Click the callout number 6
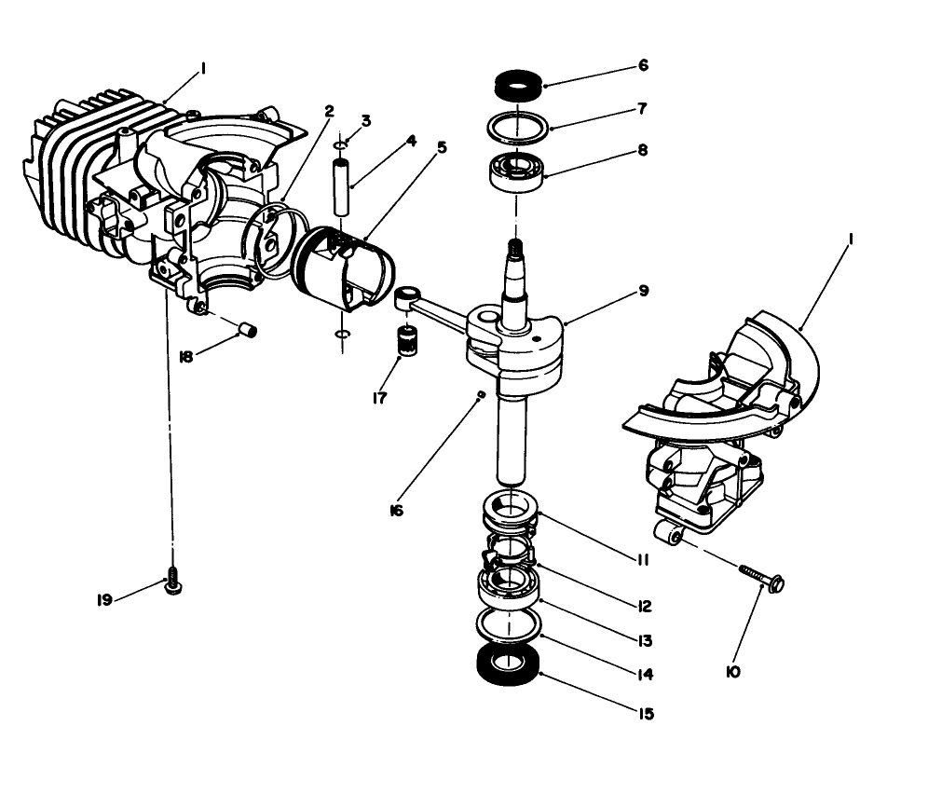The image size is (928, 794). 643,66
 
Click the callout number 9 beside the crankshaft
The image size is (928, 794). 643,291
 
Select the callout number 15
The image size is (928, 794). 645,714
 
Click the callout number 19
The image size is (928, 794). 104,600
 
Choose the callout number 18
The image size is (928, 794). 185,357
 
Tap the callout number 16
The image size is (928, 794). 397,511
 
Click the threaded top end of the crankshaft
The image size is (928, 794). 512,249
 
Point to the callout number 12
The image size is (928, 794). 645,606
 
